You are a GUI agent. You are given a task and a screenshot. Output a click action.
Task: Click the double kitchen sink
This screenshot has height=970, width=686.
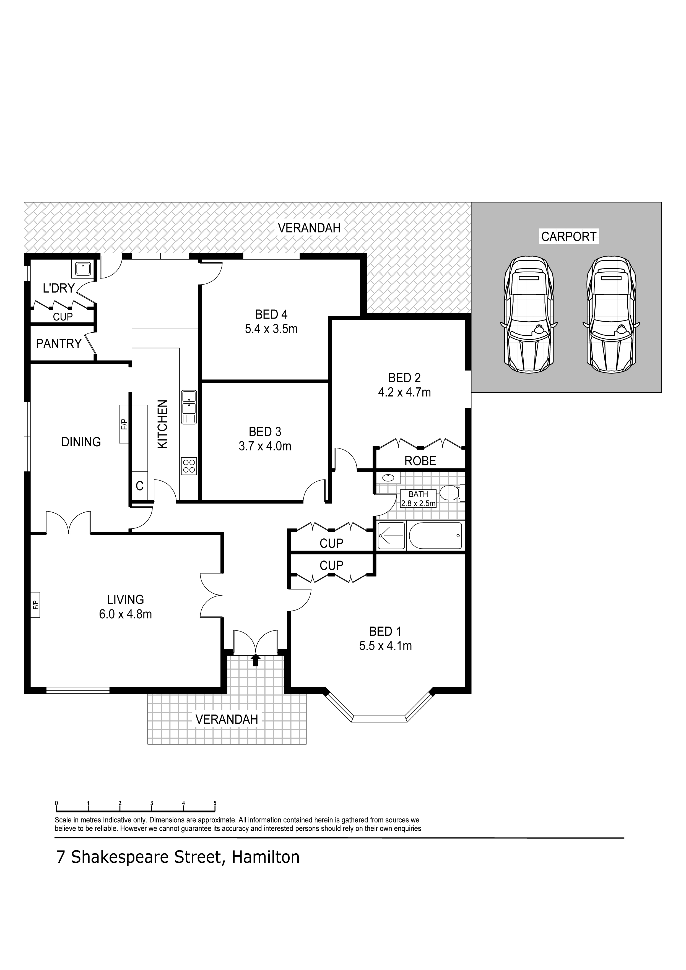point(189,406)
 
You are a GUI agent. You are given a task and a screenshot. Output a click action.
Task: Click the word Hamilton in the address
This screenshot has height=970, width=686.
point(266,857)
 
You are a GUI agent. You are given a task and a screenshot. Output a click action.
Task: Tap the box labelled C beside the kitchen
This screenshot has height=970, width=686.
point(139,486)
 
